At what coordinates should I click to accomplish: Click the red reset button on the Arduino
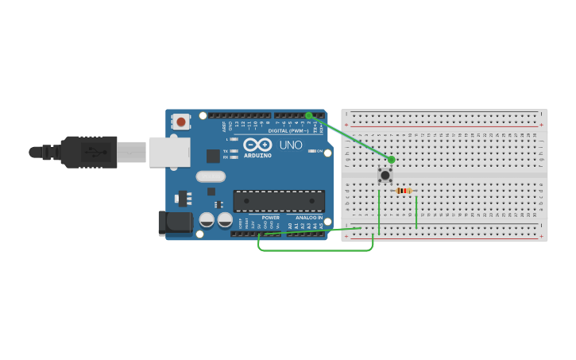pos(181,122)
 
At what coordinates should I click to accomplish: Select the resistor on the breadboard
pos(404,191)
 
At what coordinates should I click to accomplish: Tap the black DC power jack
pos(174,223)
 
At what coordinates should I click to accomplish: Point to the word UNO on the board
pos(291,145)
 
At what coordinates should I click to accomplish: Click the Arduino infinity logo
pos(257,145)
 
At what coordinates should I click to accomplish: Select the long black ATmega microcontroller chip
pos(278,201)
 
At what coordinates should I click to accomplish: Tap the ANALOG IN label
pos(309,217)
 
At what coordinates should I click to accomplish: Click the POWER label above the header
pos(270,217)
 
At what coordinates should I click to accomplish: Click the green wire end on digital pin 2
pos(308,115)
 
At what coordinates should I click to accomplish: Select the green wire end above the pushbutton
pos(391,160)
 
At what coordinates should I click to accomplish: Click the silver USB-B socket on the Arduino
pos(169,152)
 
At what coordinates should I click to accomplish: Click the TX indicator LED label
pos(226,151)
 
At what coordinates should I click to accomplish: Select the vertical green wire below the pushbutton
pos(379,213)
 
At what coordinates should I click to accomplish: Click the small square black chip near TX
pos(213,156)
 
